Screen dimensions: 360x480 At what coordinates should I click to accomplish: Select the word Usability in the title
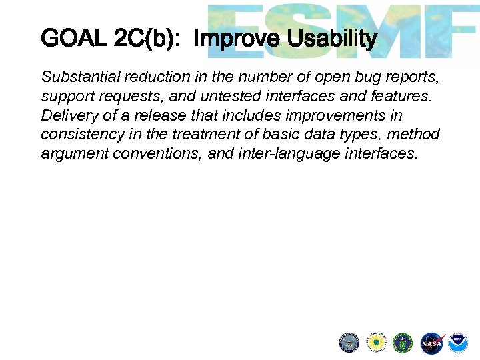point(332,39)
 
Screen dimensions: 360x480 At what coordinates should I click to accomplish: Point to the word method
point(415,135)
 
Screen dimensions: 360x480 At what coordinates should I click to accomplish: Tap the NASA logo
point(431,343)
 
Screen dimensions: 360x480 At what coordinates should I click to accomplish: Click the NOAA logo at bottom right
point(458,343)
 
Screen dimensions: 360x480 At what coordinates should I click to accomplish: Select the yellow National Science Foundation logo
point(376,343)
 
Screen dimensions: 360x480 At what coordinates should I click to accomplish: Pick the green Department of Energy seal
point(403,343)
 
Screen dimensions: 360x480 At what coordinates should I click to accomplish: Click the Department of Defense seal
point(349,343)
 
